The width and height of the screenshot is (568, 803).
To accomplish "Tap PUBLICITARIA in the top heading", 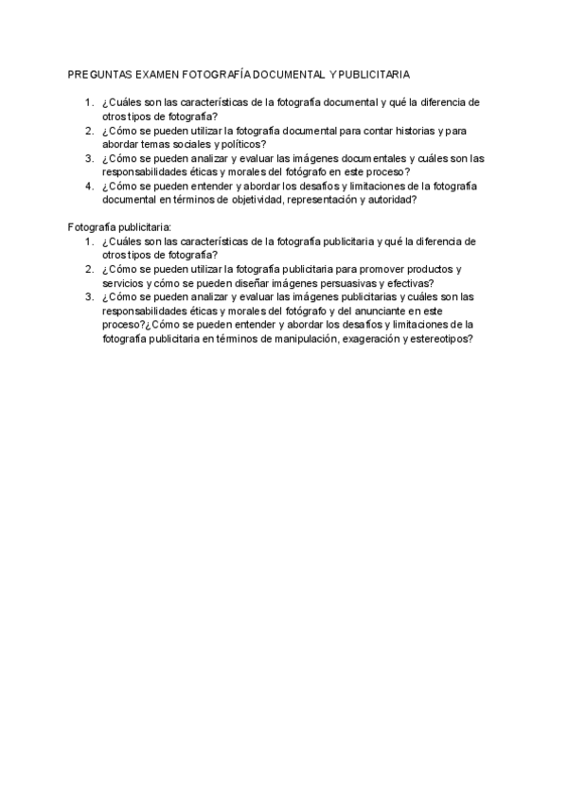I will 376,73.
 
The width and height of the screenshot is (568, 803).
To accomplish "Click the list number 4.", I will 88,187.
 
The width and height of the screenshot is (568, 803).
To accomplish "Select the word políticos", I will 240,144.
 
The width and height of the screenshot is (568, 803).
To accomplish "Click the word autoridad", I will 393,200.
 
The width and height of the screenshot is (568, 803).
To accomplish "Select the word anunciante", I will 376,311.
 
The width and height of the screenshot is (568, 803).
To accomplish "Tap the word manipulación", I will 296,338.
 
